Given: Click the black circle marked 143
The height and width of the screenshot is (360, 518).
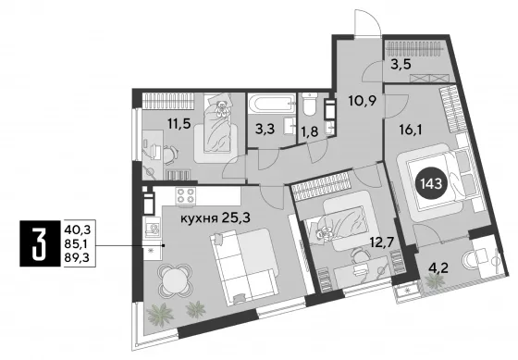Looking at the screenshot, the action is pos(434,183).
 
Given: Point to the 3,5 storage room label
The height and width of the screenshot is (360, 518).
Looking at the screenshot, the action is pos(401,64).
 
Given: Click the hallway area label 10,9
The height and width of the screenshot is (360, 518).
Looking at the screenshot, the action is pos(363,100).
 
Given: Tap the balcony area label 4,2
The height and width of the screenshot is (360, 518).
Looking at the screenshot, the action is pos(438,267).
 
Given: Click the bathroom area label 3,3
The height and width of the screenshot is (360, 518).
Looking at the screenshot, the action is pos(265,129).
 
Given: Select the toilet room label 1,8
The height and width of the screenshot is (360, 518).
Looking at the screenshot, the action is pos(310,131).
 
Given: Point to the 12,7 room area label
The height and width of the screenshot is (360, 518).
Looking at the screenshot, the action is pos(382,243).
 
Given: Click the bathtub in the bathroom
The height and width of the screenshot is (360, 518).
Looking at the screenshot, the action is pos(272,104).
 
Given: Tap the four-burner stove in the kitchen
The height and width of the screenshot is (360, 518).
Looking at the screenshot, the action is pos(186,195).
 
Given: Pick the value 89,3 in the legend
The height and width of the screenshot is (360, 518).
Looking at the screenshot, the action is pos(78,257).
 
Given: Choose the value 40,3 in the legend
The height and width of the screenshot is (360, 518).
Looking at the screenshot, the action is pos(78,229).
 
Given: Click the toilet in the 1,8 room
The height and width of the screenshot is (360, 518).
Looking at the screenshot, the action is pos(310,105).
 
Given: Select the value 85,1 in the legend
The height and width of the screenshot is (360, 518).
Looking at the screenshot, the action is pos(78,243).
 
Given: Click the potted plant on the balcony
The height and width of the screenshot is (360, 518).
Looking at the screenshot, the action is pos(434,281).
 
